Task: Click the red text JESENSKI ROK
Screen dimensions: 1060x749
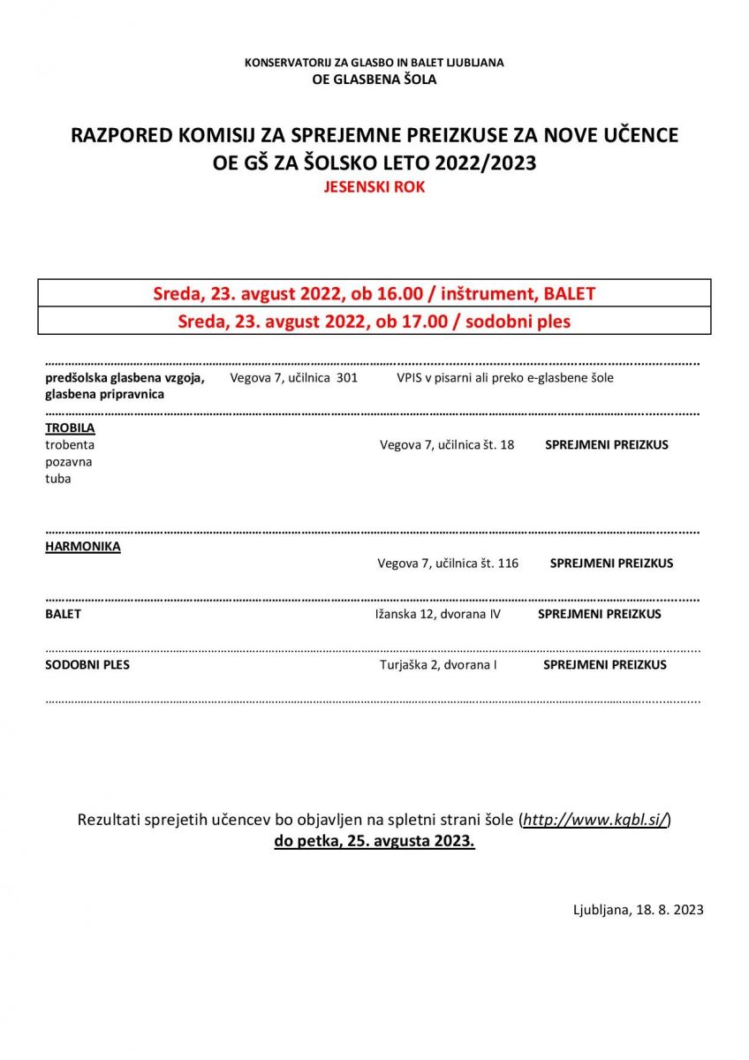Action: [374, 187]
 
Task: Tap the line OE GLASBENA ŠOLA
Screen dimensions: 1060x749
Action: [374, 79]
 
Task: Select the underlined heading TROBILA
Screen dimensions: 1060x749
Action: [70, 428]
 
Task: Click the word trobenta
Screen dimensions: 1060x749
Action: [70, 445]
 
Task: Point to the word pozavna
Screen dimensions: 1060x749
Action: [69, 462]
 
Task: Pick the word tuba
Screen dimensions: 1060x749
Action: [58, 479]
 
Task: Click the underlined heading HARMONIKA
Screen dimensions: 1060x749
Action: [83, 547]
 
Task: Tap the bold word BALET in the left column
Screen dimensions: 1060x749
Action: [63, 614]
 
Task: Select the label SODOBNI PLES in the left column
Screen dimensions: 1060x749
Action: [87, 664]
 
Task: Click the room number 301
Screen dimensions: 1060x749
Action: [346, 378]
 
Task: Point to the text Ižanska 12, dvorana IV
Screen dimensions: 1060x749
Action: [437, 614]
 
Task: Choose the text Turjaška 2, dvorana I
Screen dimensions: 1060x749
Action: [438, 664]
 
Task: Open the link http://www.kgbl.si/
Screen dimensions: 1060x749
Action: [595, 820]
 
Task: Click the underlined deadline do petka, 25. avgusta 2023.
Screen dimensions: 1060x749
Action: [374, 841]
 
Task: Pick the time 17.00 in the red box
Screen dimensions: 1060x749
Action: [405, 322]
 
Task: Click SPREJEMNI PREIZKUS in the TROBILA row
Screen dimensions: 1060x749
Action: [607, 445]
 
